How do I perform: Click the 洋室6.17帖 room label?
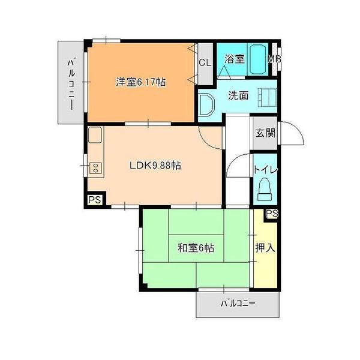point(141,83)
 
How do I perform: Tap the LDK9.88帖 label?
point(155,166)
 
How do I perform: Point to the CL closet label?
point(205,61)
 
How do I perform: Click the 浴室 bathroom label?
point(234,59)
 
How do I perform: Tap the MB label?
point(274,59)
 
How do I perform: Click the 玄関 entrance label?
point(265,133)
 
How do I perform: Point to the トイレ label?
point(266,170)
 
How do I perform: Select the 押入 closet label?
point(265,247)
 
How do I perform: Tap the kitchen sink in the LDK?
point(95,136)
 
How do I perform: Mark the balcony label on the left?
point(71,82)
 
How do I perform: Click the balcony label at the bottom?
point(238,304)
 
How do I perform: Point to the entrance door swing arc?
point(293,133)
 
